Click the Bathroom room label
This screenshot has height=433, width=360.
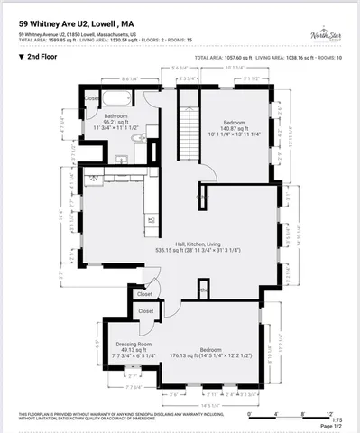(x=115, y=116)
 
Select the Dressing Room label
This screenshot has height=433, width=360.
(x=132, y=345)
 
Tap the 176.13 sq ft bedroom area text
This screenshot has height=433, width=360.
(x=210, y=355)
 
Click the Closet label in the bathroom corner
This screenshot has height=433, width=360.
(x=92, y=98)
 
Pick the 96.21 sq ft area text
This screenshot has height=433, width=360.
(x=116, y=123)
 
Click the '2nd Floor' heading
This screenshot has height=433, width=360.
(x=44, y=56)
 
